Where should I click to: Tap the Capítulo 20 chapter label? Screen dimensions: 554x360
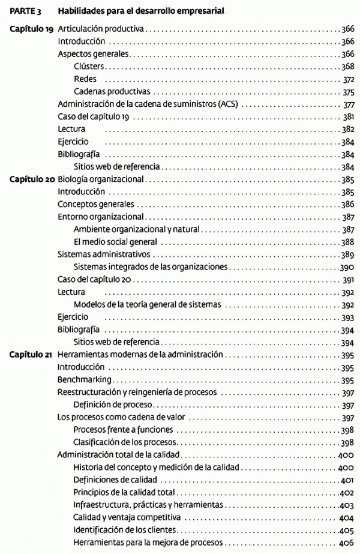click(x=31, y=179)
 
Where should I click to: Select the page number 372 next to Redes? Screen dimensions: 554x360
click(x=349, y=79)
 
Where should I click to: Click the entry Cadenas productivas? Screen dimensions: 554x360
click(x=112, y=92)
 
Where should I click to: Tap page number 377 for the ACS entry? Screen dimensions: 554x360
click(x=349, y=104)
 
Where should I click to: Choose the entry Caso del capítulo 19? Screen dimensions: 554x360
click(x=93, y=116)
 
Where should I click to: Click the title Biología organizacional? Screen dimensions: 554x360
click(x=101, y=179)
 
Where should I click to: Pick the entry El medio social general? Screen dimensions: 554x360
click(x=115, y=242)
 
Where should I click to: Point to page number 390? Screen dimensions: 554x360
click(x=347, y=267)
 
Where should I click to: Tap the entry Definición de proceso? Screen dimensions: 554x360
click(x=113, y=405)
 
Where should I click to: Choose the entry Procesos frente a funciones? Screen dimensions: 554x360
click(x=123, y=430)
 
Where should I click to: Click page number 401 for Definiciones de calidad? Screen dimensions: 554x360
click(x=347, y=480)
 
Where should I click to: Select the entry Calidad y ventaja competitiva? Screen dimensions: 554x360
click(x=127, y=517)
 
